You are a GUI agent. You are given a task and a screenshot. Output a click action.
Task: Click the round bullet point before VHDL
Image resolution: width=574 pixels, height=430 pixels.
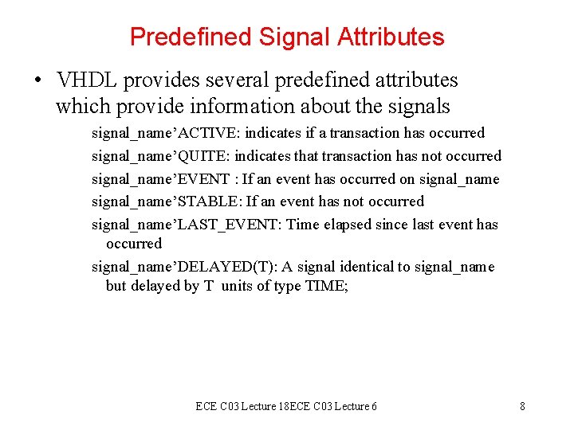click(x=37, y=80)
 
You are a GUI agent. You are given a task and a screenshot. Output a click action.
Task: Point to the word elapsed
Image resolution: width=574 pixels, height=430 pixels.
click(x=348, y=225)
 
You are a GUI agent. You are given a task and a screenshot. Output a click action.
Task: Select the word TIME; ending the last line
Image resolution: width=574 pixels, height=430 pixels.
click(x=327, y=287)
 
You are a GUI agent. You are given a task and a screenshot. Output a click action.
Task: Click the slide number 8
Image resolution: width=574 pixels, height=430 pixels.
click(x=522, y=406)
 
